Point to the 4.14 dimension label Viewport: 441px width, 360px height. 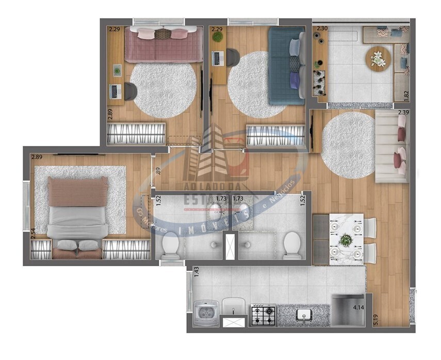point(359,308)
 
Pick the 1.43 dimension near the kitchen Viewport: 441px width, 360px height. point(196,274)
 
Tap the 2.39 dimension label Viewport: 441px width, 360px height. point(403,112)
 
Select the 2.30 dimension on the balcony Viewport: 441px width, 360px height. point(322,29)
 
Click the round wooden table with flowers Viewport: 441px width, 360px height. point(379,58)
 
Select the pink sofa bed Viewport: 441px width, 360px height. point(163,45)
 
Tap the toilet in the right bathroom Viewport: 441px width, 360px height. point(292,244)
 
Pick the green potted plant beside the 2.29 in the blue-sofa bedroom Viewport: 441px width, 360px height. point(218,38)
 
